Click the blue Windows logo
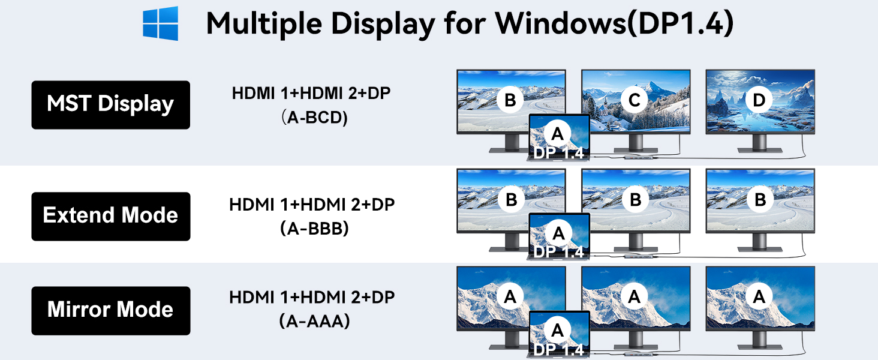click(x=160, y=23)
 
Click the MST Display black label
click(x=110, y=104)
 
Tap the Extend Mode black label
click(x=110, y=216)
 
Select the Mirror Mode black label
click(x=110, y=310)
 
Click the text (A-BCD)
click(x=314, y=118)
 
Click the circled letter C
click(x=634, y=100)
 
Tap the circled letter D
click(x=759, y=100)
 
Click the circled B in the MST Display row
click(x=510, y=100)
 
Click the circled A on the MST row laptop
click(x=558, y=133)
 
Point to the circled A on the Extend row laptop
click(x=558, y=232)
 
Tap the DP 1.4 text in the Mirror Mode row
click(x=558, y=350)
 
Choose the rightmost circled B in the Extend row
click(x=760, y=199)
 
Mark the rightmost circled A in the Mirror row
click(x=760, y=296)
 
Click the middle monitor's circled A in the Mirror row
click(x=635, y=296)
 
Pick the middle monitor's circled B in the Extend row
click(x=635, y=199)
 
